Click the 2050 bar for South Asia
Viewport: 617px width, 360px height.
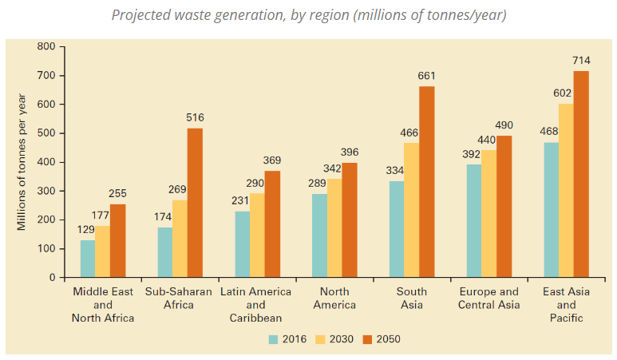coord(426,182)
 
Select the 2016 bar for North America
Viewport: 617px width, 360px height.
coord(319,235)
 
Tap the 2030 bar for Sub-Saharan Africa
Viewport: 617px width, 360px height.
coord(180,239)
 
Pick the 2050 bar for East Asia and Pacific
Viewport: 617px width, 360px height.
coord(581,174)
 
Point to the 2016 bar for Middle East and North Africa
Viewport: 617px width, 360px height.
coord(88,259)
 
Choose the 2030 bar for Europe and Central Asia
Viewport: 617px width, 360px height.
coord(488,214)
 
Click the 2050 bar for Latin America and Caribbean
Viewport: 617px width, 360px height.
coord(272,224)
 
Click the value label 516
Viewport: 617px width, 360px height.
coord(196,117)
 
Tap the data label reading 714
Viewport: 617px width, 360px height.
coord(581,61)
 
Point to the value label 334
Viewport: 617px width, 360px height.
coord(394,170)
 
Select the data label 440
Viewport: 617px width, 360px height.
coord(487,140)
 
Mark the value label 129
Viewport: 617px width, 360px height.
coord(85,229)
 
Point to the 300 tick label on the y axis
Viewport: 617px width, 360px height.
coord(46,191)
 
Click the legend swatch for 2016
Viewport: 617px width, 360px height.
coord(273,339)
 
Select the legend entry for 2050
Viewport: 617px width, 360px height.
coord(382,339)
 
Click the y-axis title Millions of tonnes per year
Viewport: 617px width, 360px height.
coord(22,162)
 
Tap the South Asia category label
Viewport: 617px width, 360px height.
coord(412,299)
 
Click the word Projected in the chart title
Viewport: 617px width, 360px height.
coord(141,15)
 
